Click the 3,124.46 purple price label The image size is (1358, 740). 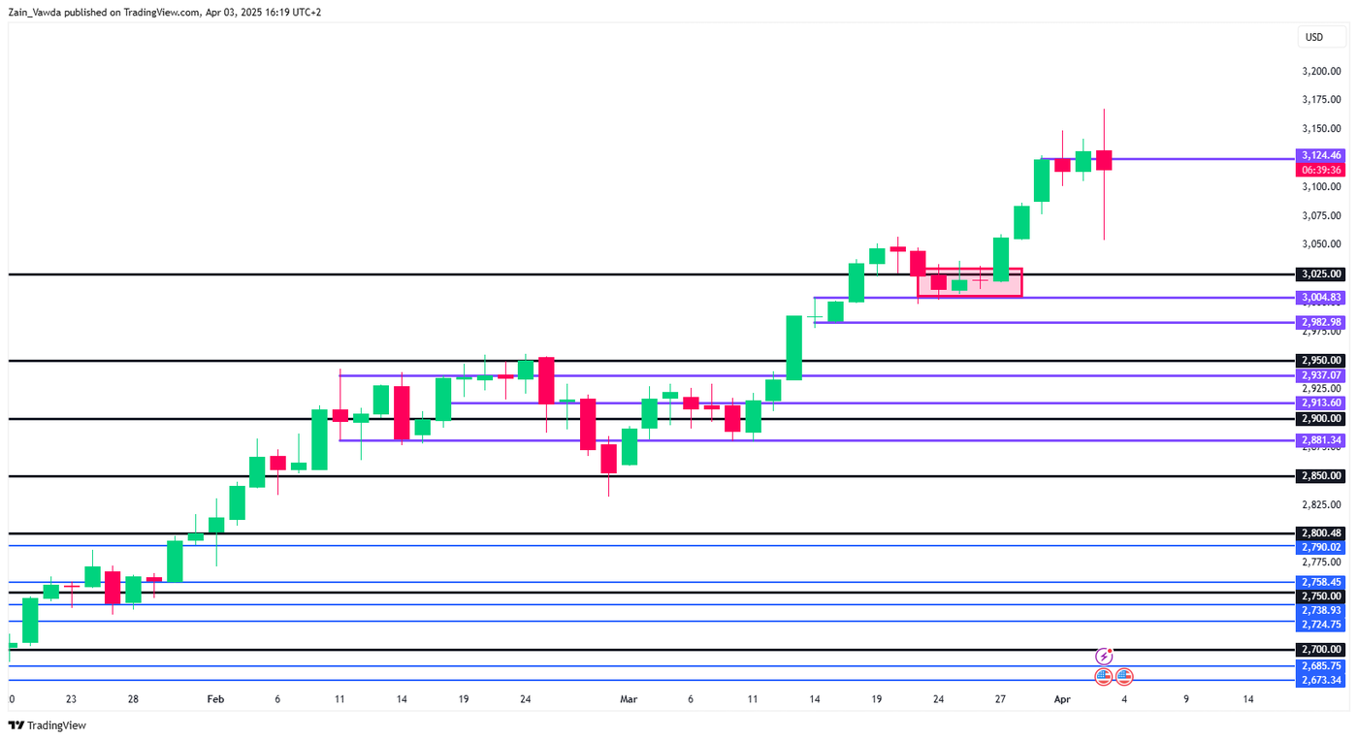tap(1321, 155)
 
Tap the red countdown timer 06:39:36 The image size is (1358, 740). tap(1321, 170)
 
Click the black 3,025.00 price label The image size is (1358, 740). tap(1321, 274)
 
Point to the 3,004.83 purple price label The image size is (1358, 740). tap(1321, 298)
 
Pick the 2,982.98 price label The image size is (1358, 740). tap(1321, 322)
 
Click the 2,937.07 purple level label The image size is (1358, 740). tap(1321, 375)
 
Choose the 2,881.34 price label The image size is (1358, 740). tap(1321, 440)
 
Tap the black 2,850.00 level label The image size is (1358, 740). tap(1321, 476)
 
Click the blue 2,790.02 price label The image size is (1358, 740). tap(1321, 547)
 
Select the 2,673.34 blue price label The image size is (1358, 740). tap(1321, 680)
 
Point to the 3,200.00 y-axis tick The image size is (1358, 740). tap(1321, 72)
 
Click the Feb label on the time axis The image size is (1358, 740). tap(215, 699)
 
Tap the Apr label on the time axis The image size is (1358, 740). tap(1062, 699)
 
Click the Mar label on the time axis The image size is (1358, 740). tap(629, 699)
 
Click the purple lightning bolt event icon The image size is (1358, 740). tap(1104, 657)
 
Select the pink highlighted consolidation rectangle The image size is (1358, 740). tap(969, 282)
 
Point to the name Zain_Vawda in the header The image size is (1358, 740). tap(34, 13)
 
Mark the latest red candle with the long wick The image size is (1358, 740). tap(1104, 160)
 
